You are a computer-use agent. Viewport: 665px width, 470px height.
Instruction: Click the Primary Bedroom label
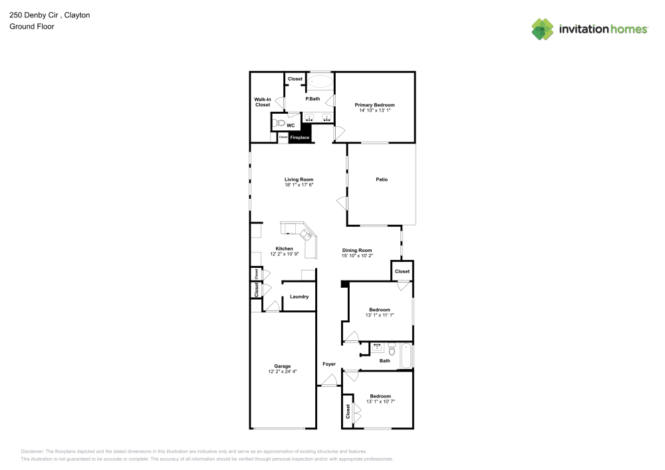pos(374,104)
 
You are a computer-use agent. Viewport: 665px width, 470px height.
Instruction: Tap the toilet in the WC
pos(279,124)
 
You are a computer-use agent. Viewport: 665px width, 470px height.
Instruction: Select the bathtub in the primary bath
pos(320,81)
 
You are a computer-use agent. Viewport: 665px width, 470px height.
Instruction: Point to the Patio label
pos(382,179)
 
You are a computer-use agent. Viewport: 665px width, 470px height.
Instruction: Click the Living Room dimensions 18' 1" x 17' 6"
pos(299,185)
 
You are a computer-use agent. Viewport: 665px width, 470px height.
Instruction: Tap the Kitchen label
pos(284,249)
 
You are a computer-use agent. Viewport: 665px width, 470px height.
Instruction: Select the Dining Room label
pos(357,251)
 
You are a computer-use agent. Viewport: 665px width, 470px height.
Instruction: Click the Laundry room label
pos(299,296)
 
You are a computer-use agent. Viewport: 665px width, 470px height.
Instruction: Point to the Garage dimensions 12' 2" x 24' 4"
pos(283,371)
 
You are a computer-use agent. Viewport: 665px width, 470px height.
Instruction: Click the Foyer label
pos(329,364)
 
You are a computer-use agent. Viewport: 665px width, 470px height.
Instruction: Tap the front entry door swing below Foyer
pos(329,380)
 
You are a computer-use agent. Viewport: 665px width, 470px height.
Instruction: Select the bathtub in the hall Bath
pos(406,356)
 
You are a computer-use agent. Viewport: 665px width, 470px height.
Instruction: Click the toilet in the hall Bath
pos(392,349)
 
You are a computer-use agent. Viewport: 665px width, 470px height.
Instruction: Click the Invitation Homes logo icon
pos(543,29)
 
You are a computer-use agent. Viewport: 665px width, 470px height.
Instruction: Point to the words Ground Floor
pos(32,27)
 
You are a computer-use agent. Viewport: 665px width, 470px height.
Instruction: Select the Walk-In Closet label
pos(263,102)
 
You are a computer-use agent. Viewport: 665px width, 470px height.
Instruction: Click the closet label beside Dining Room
pos(402,271)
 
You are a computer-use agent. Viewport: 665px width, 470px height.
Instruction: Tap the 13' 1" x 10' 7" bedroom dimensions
pos(380,402)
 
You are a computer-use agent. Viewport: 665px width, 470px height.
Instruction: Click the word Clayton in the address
pos(77,15)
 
